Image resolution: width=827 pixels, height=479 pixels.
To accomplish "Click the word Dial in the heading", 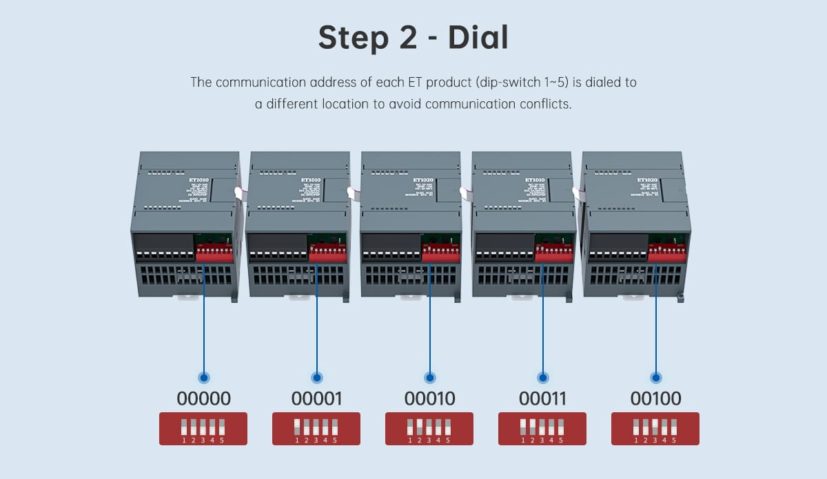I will click(x=478, y=39).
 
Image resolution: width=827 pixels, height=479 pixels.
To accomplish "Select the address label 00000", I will click(x=203, y=398).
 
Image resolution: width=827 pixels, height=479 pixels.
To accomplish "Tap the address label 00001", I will click(x=316, y=398).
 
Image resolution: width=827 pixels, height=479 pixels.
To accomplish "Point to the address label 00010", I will click(x=429, y=398).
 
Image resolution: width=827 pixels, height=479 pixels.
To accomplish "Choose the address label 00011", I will click(x=542, y=398).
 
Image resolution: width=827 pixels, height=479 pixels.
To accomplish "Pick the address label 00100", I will click(x=655, y=398).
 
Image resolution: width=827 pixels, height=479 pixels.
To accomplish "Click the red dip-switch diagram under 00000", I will click(x=203, y=429).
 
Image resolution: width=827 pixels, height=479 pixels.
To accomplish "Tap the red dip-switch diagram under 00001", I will click(x=316, y=429).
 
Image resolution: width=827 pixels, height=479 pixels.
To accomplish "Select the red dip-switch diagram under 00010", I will click(x=429, y=429).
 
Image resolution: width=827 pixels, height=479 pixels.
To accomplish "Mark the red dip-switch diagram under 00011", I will click(x=542, y=429).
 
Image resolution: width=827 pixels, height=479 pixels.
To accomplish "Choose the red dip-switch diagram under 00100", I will click(x=655, y=429).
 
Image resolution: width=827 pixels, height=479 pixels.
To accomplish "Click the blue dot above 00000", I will click(x=203, y=377).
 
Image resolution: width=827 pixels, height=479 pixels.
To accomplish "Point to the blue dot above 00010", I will click(x=429, y=377).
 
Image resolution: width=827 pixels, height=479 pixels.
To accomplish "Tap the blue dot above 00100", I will click(x=655, y=377).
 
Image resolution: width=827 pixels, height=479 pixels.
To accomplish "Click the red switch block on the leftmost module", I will click(x=215, y=253).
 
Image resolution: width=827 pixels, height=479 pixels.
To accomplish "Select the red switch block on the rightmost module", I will click(x=666, y=252).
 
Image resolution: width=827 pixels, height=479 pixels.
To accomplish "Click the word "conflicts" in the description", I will click(x=546, y=105).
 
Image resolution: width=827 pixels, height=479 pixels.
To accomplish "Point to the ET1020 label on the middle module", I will click(x=422, y=180).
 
